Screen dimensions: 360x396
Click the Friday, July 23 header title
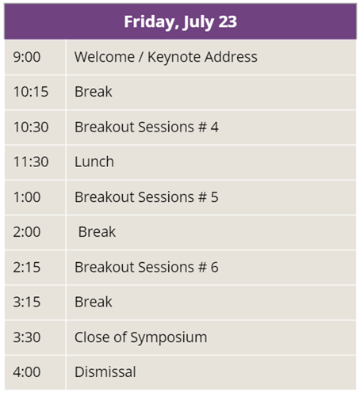click(181, 22)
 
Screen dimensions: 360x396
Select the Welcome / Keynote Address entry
click(166, 58)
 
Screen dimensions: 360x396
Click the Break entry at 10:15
click(94, 92)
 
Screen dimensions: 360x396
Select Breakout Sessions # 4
click(147, 127)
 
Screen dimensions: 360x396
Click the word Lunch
click(94, 162)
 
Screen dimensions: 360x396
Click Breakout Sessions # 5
click(147, 197)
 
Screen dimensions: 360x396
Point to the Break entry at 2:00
click(97, 232)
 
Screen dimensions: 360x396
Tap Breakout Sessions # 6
click(147, 267)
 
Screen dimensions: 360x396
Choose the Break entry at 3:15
click(94, 302)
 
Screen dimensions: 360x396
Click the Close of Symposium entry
click(140, 338)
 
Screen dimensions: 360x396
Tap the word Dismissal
click(105, 371)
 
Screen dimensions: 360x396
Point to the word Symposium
click(169, 338)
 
